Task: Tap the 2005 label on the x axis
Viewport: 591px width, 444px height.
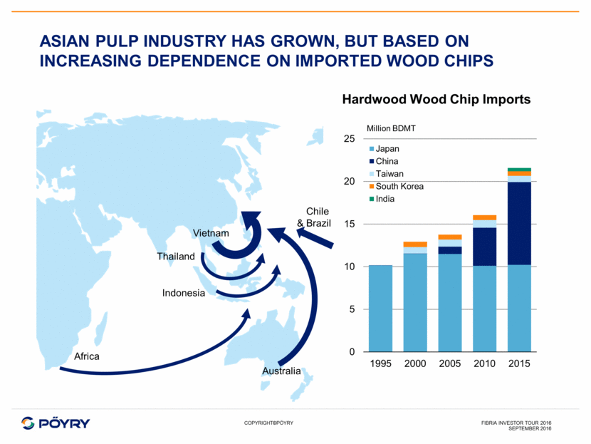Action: coord(450,363)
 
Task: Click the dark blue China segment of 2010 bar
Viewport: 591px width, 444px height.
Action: coord(484,247)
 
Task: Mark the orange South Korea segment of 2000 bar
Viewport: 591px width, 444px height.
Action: coord(415,244)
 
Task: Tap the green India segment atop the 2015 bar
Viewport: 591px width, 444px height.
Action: coord(519,170)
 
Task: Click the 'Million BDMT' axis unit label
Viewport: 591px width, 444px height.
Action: coord(391,128)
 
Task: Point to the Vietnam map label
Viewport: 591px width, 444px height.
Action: coord(211,233)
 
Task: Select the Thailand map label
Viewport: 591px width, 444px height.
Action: coord(176,257)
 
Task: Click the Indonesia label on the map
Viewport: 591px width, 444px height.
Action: coord(184,293)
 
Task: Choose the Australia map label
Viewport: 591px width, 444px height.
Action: coord(281,371)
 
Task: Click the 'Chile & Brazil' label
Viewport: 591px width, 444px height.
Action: coord(314,217)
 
